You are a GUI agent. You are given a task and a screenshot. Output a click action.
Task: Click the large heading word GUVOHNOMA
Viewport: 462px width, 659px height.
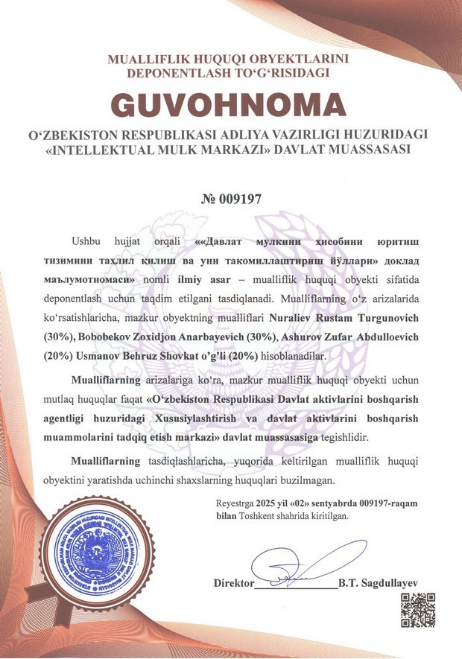[x=230, y=104]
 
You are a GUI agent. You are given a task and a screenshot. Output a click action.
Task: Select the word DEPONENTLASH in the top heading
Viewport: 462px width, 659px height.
[x=171, y=72]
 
